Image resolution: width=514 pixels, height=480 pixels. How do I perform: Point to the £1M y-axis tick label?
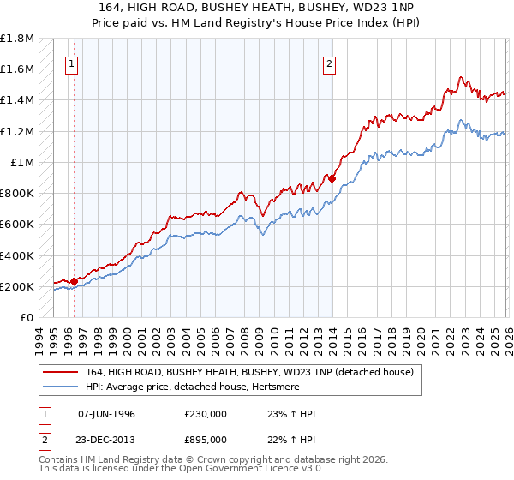click(23, 163)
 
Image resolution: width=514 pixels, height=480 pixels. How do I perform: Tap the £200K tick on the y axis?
click(18, 286)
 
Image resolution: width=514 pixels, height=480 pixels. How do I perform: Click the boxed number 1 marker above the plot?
click(73, 63)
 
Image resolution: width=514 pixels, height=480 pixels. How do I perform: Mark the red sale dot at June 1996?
click(74, 281)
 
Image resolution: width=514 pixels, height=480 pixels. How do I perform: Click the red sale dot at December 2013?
click(332, 178)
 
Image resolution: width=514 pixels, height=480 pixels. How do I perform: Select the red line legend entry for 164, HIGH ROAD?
click(249, 372)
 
